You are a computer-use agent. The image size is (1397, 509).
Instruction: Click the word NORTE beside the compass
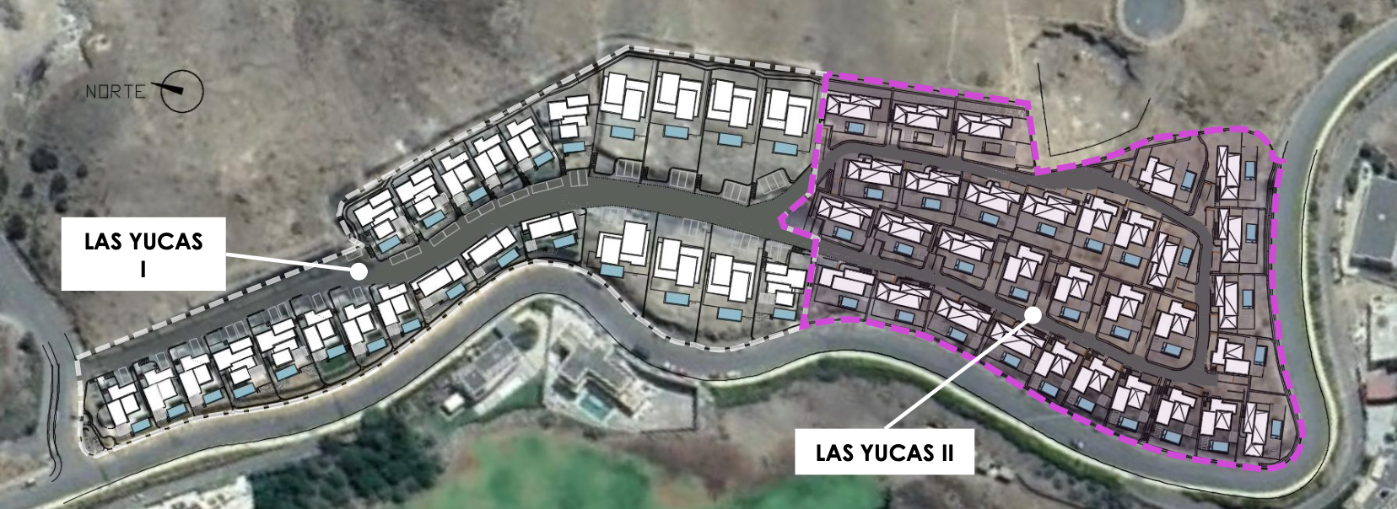point(116,92)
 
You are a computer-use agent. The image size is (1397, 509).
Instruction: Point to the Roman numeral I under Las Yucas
point(143,269)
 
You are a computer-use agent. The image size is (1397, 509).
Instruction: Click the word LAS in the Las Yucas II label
point(834,453)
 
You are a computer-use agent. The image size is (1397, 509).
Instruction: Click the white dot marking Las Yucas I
point(359,271)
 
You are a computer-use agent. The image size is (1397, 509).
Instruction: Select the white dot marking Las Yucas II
point(1033,314)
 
